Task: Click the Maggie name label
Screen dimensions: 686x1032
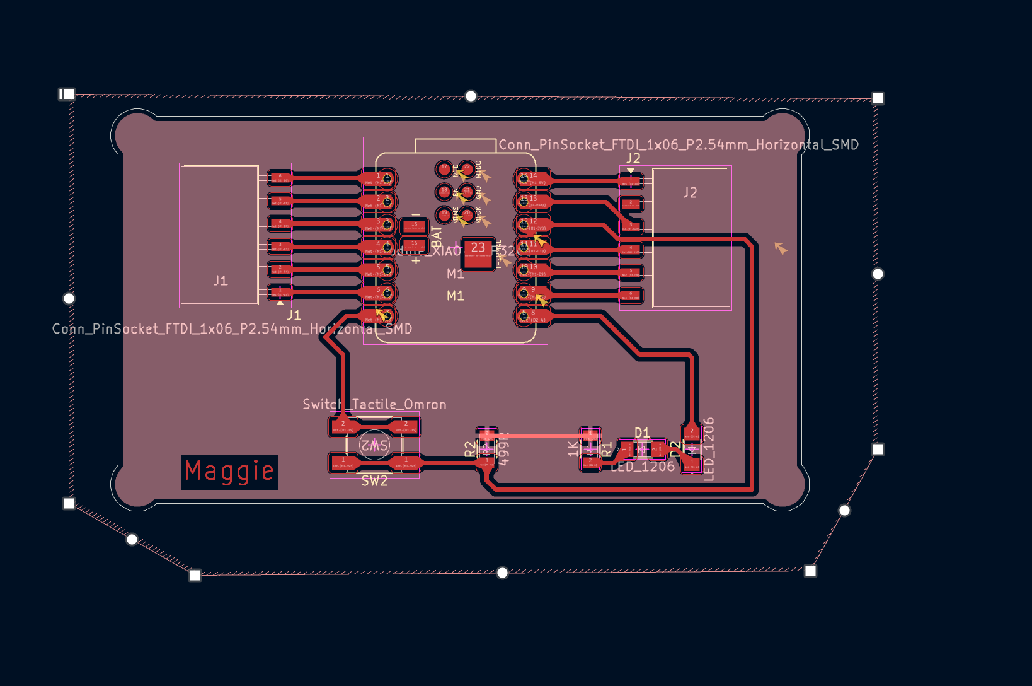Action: point(229,472)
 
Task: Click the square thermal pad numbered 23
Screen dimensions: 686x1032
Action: point(478,253)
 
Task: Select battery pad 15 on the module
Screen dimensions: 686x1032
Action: point(414,226)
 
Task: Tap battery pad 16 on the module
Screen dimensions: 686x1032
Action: point(414,245)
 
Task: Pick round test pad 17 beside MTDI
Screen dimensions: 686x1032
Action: point(444,168)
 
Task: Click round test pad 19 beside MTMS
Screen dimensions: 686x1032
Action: point(444,215)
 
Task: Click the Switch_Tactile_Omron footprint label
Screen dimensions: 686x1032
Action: point(374,404)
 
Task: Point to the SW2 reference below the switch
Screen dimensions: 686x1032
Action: point(374,481)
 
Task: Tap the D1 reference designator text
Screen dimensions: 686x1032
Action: point(642,433)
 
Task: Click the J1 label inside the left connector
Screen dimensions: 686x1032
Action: point(221,281)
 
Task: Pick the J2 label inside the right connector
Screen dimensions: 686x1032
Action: point(690,193)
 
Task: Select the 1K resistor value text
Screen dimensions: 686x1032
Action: point(573,449)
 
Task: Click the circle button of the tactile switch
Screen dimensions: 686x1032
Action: point(374,445)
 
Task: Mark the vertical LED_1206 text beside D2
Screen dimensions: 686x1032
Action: point(709,449)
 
